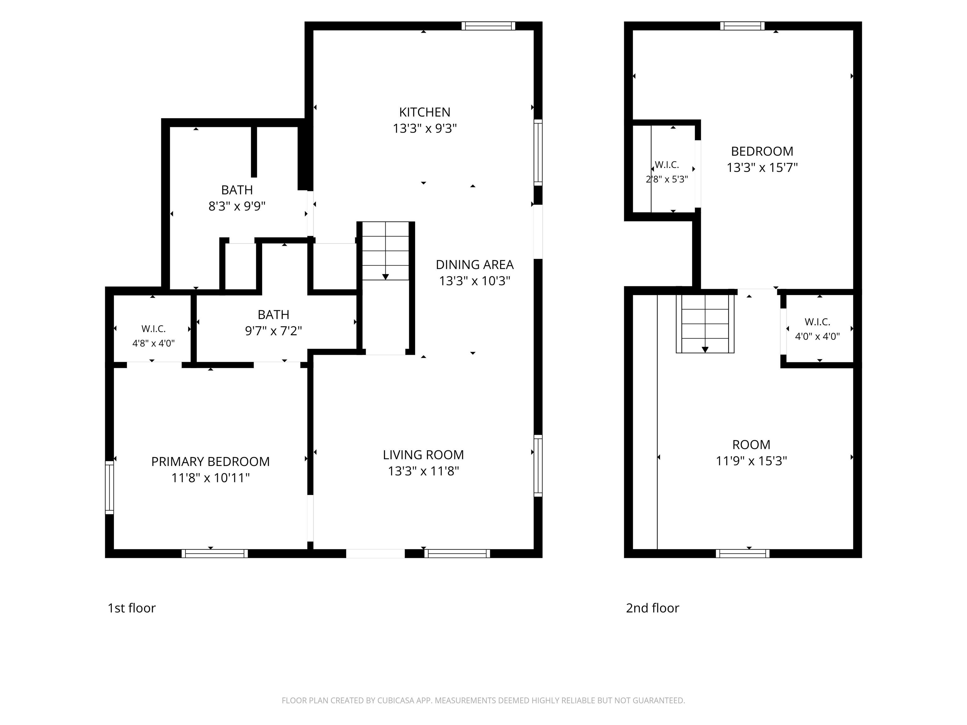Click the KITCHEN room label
click(425, 112)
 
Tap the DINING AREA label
click(475, 265)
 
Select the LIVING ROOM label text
click(423, 455)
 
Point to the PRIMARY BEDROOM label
click(210, 462)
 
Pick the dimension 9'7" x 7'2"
click(273, 331)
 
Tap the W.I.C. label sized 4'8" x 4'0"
click(153, 329)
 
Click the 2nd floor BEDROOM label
click(762, 152)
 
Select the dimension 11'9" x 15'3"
click(751, 461)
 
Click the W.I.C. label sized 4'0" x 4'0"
click(817, 322)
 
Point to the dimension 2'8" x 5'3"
click(667, 179)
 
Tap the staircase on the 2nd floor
click(705, 323)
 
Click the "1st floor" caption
click(132, 608)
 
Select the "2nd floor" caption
click(652, 608)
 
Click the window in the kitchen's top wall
click(488, 26)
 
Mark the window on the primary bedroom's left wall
click(109, 487)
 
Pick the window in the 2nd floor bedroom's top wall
click(742, 26)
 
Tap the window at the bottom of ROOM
click(742, 554)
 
